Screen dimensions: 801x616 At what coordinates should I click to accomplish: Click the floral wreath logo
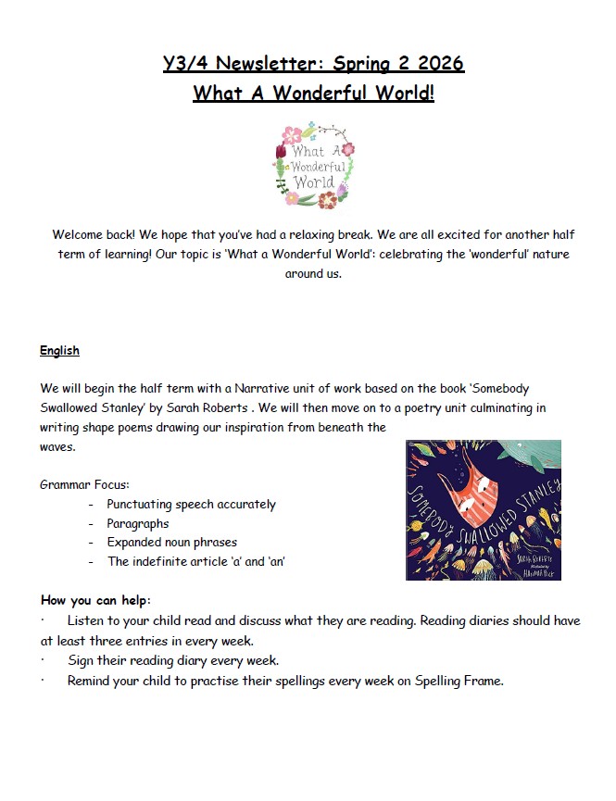314,165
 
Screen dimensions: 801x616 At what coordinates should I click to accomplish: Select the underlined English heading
59,351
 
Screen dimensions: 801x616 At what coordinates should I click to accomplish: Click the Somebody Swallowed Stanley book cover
483,509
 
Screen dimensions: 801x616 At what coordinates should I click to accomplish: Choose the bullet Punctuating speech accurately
191,505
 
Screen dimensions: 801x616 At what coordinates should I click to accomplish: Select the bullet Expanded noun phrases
171,542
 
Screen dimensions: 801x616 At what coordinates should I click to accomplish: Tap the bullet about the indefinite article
195,561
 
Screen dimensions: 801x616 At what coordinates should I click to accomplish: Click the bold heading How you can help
95,599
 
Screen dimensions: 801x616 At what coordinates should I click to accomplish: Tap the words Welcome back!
96,235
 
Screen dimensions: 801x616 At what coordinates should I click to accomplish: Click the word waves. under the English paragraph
57,446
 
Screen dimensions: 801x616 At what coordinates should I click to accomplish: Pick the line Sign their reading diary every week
172,660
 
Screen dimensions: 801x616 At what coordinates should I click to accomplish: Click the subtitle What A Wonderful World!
313,94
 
